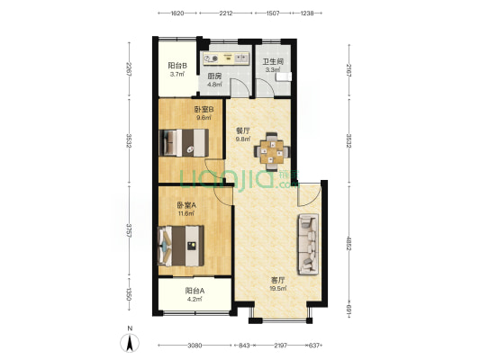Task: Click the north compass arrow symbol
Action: (x=130, y=343)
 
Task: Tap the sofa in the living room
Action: (x=308, y=245)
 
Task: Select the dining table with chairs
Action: (x=272, y=151)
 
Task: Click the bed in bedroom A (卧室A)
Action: (x=180, y=246)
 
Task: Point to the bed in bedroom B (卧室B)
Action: (x=184, y=143)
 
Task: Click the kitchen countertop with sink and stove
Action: (x=226, y=58)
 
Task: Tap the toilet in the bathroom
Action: (x=283, y=76)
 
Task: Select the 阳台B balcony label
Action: (x=177, y=66)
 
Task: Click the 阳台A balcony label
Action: (x=195, y=291)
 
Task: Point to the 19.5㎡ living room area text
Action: (x=278, y=288)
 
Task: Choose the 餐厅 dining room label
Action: (x=243, y=130)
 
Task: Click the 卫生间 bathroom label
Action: (x=273, y=62)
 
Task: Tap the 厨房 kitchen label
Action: (x=214, y=76)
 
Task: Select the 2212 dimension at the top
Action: (x=226, y=13)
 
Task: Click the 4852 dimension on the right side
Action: (x=349, y=243)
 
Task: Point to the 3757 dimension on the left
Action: (x=129, y=231)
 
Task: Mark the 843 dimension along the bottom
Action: (x=244, y=346)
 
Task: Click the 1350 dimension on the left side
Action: (x=129, y=294)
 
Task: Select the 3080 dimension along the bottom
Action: (x=195, y=346)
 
